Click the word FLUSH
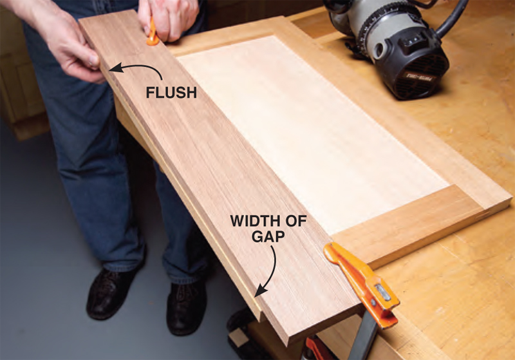click(x=171, y=92)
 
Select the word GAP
click(x=268, y=236)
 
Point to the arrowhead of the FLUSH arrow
click(x=113, y=68)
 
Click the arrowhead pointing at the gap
click(x=260, y=292)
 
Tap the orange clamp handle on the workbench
click(x=362, y=283)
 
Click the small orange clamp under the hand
click(x=153, y=33)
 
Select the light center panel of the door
click(x=312, y=131)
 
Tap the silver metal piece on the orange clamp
click(x=383, y=292)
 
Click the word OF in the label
click(x=295, y=221)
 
